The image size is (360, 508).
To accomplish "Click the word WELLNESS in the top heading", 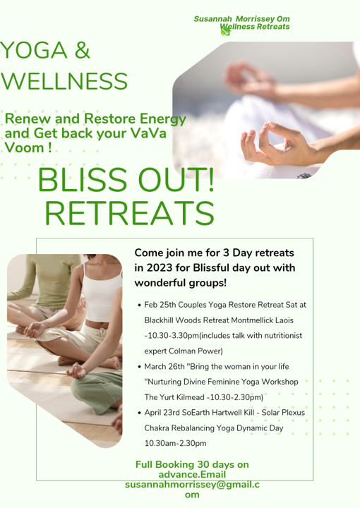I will [65, 80].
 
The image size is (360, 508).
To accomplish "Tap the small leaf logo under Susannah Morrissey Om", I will [226, 30].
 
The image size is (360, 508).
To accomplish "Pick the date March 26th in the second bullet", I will [164, 367].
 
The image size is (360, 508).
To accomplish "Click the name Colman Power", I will [200, 351].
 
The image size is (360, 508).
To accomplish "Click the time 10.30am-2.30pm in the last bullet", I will [175, 443].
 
